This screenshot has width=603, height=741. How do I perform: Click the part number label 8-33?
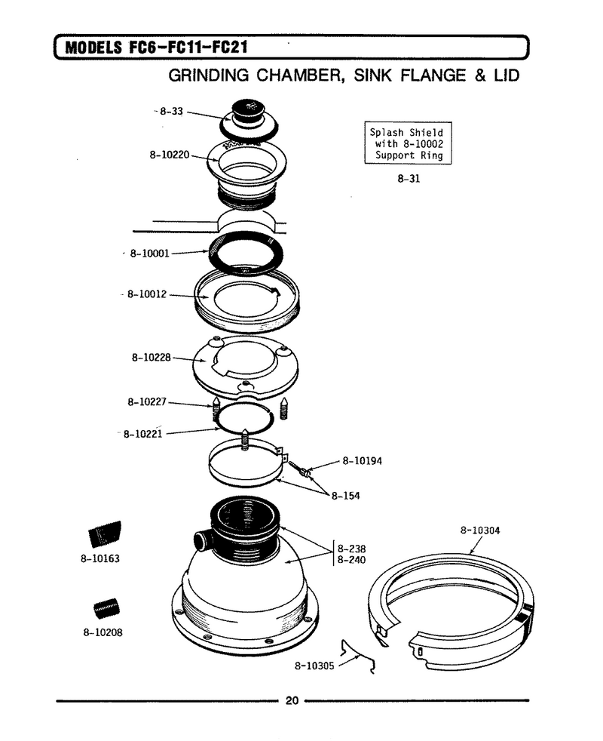pyautogui.click(x=171, y=112)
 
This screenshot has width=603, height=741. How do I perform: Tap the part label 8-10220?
pyautogui.click(x=170, y=155)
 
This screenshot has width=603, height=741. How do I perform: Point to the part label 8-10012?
pyautogui.click(x=147, y=294)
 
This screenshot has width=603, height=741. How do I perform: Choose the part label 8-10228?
pyautogui.click(x=151, y=357)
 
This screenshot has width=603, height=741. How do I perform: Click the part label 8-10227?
pyautogui.click(x=147, y=401)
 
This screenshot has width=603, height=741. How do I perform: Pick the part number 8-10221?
pyautogui.click(x=142, y=434)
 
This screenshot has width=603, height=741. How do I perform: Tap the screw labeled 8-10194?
pyautogui.click(x=300, y=469)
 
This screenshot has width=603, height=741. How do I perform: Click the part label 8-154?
pyautogui.click(x=345, y=496)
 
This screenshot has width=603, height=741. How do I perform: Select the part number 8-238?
pyautogui.click(x=351, y=549)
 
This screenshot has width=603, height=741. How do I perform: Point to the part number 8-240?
pyautogui.click(x=351, y=560)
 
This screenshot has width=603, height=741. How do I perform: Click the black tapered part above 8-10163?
pyautogui.click(x=105, y=534)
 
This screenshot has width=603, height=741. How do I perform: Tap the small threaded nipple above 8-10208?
pyautogui.click(x=106, y=609)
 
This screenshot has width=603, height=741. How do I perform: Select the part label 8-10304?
pyautogui.click(x=480, y=530)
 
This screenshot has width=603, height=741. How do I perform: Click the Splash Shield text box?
pyautogui.click(x=408, y=143)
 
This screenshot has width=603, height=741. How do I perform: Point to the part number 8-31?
pyautogui.click(x=409, y=179)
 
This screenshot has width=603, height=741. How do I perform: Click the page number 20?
pyautogui.click(x=292, y=701)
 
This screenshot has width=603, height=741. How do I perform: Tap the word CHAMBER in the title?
pyautogui.click(x=299, y=76)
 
